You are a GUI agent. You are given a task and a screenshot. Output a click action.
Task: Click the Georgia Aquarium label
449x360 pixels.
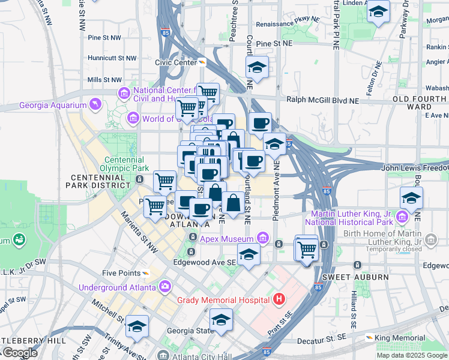click(x=53, y=106)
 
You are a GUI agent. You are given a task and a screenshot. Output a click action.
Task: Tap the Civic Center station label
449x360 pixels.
click(x=176, y=62)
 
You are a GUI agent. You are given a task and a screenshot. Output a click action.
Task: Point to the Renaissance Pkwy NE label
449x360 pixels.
click(x=285, y=25)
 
